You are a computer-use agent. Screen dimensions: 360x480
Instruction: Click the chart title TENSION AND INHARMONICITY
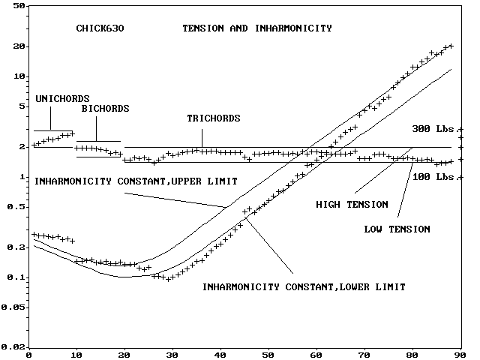(x=257, y=28)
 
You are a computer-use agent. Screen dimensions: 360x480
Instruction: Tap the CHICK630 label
(x=100, y=28)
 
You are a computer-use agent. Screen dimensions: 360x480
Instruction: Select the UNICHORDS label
(x=62, y=98)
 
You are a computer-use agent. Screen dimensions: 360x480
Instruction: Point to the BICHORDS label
(x=105, y=109)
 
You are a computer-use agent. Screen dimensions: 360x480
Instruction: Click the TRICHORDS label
(x=213, y=118)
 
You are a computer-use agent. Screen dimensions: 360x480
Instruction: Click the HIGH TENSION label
(x=352, y=204)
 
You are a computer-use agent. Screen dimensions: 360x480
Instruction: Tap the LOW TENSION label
(x=397, y=229)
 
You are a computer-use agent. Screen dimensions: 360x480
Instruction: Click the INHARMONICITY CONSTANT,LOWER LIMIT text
(x=304, y=286)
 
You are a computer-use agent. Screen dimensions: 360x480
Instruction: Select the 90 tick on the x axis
(x=462, y=354)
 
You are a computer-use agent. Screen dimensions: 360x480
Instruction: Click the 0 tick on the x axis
(x=28, y=354)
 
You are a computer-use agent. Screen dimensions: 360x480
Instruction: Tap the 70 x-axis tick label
(x=365, y=354)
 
